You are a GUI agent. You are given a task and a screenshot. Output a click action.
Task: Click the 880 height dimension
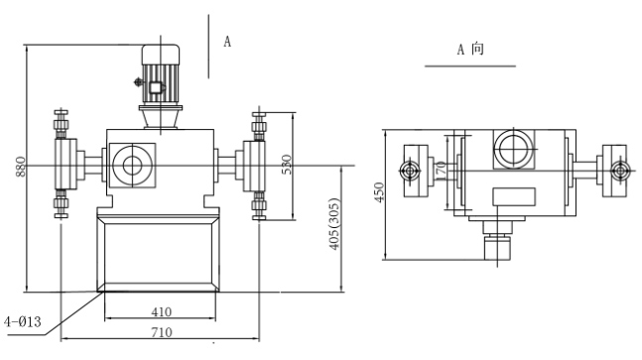click(21, 167)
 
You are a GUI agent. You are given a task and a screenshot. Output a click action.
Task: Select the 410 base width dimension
click(162, 312)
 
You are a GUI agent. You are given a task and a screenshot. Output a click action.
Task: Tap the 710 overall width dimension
click(162, 332)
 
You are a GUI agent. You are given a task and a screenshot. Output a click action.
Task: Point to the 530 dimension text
click(287, 165)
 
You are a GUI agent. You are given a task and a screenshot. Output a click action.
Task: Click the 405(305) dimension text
click(334, 224)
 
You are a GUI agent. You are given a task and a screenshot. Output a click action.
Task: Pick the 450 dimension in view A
click(380, 192)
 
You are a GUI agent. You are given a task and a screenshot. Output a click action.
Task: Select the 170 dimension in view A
click(441, 172)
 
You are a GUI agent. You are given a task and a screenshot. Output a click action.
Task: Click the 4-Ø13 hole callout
click(23, 322)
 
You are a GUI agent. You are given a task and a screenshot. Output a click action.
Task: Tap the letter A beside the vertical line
click(227, 42)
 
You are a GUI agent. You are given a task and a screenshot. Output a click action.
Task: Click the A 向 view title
click(470, 50)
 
